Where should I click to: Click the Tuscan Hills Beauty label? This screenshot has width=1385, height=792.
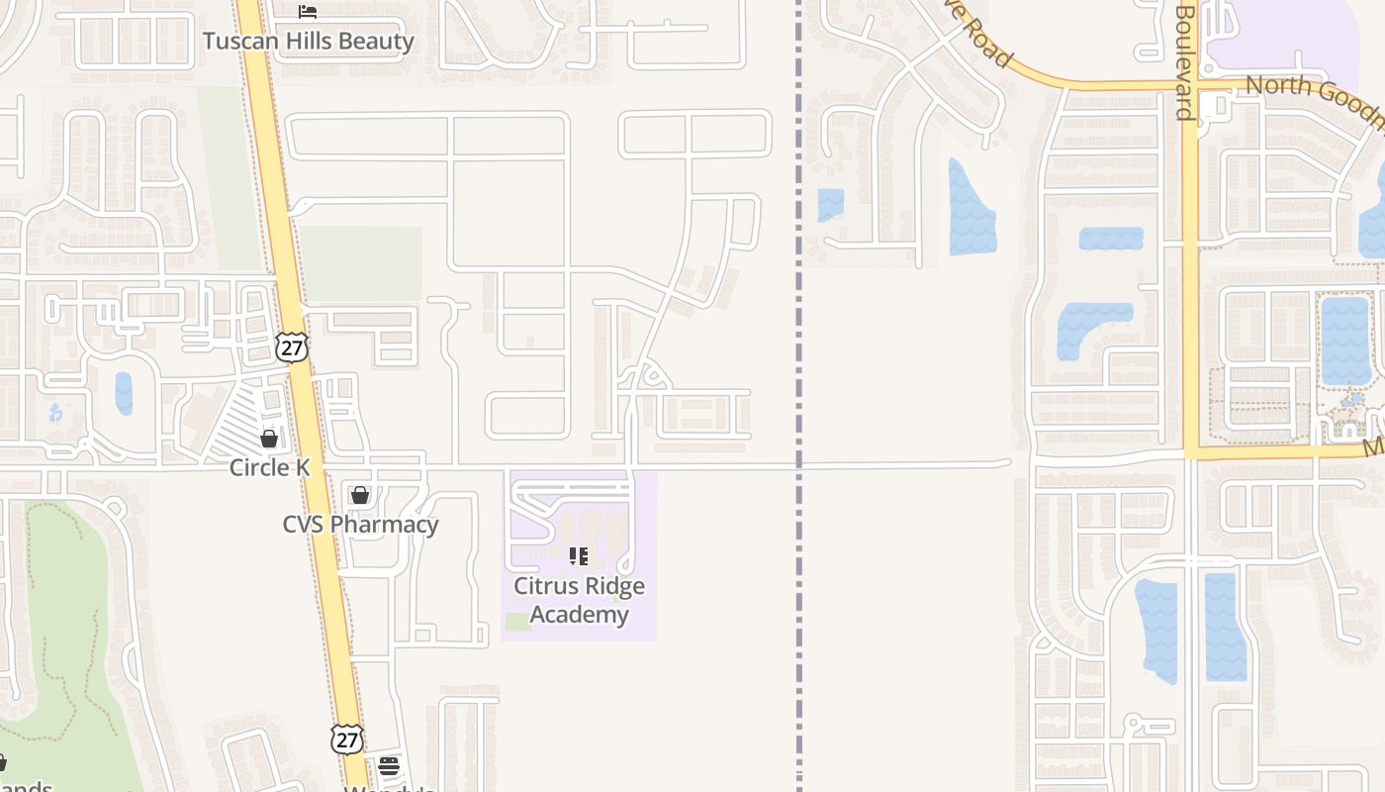point(308,42)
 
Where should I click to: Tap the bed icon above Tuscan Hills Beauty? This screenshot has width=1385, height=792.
point(308,12)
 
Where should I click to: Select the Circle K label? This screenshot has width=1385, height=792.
point(269,467)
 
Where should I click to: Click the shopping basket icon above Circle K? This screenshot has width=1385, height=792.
point(269,438)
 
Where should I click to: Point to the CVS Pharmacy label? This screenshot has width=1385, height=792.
point(360,524)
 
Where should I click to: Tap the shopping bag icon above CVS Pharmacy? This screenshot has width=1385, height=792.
point(360,494)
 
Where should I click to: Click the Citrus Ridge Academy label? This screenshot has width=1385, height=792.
point(579,600)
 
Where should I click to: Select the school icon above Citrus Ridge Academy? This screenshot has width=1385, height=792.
point(579,556)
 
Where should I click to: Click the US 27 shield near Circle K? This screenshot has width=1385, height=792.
point(292,346)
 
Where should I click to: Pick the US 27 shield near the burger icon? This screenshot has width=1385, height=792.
point(346,739)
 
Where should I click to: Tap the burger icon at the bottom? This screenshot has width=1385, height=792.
point(389,765)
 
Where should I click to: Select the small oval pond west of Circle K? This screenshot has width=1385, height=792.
point(124,393)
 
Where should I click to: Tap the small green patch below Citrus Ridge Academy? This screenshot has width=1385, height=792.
point(517,622)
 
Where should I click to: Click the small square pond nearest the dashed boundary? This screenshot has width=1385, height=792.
point(830,205)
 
